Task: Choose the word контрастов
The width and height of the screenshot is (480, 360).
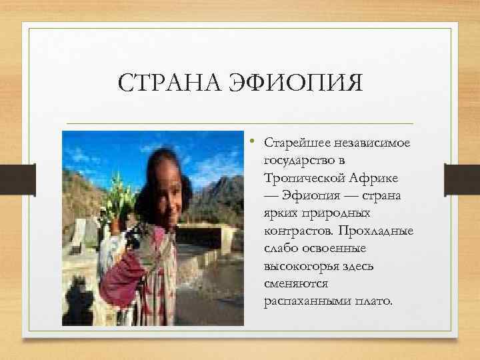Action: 297,231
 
